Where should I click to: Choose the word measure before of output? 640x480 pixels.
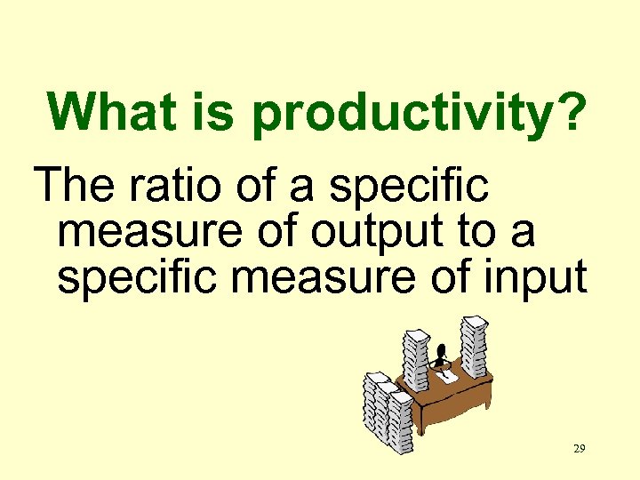point(141,233)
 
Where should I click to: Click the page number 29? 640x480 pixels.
point(579,449)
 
